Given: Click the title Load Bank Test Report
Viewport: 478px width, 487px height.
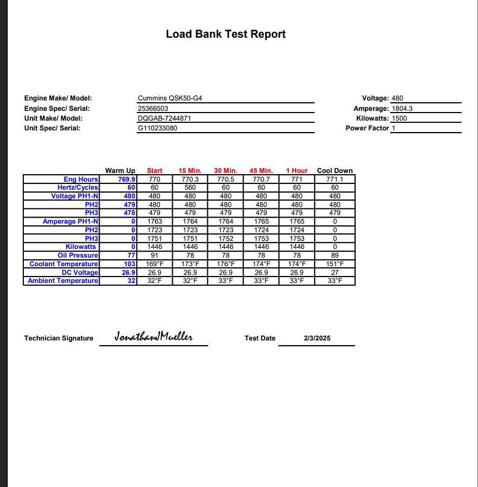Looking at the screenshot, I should point(226,34).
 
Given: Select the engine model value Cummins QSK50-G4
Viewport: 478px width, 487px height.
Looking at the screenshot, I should point(170,98).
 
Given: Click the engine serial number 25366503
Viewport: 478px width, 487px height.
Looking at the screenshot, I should point(153,108).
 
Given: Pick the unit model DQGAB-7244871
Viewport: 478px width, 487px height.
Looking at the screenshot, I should point(165,118).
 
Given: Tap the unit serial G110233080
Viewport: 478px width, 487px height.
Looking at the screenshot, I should point(158,128).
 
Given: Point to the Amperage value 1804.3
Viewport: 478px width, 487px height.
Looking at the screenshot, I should point(402,108).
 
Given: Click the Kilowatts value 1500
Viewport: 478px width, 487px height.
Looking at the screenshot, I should point(400,119).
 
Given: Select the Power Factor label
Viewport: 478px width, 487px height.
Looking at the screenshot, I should point(367,128).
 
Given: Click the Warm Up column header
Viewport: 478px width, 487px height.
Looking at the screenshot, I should point(120,170).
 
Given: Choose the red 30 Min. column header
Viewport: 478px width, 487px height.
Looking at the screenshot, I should point(226,170).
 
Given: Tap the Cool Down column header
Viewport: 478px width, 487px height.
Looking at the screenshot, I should point(335,170).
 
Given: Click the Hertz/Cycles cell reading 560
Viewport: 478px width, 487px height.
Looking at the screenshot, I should point(190,187).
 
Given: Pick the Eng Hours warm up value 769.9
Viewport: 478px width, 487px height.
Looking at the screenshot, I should point(127,179).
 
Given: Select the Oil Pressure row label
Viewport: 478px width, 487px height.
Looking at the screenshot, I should point(78,255).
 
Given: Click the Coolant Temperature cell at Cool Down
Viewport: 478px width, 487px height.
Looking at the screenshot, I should point(335,264).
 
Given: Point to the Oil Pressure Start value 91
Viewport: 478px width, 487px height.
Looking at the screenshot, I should point(154,255).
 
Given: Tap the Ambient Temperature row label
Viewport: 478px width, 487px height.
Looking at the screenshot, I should point(63,281).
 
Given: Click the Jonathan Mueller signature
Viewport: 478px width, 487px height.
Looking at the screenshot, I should point(154,337).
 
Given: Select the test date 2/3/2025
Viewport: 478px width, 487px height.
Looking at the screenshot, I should point(317,338).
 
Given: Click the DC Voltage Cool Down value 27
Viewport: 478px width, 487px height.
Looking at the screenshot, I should point(335,273).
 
